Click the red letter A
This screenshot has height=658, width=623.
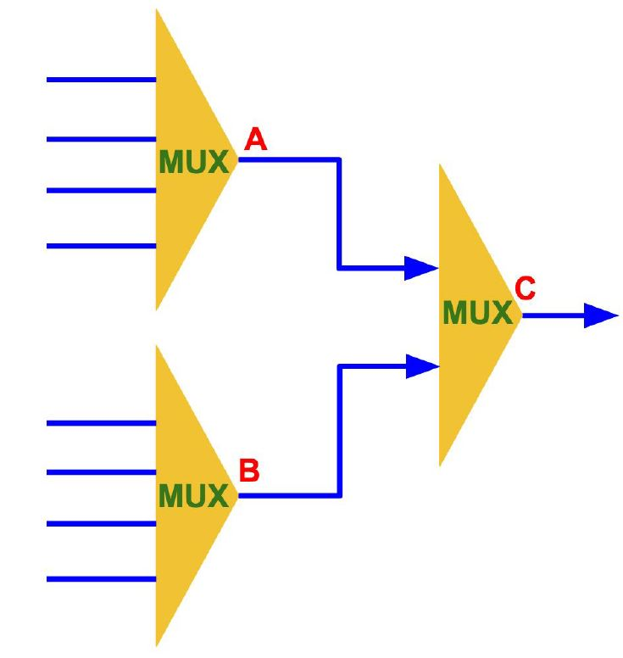pyautogui.click(x=255, y=140)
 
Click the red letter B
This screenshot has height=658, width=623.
pyautogui.click(x=249, y=471)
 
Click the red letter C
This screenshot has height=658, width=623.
pyautogui.click(x=525, y=289)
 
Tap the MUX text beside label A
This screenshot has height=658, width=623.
pyautogui.click(x=193, y=162)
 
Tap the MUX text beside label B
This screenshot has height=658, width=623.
pyautogui.click(x=193, y=495)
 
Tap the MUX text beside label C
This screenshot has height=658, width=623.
pyautogui.click(x=477, y=314)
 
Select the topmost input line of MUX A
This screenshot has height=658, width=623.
pyautogui.click(x=101, y=80)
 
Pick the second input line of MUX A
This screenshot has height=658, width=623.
pyautogui.click(x=101, y=138)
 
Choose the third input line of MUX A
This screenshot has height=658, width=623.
pyautogui.click(x=101, y=191)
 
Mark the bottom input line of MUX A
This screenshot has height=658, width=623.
pyautogui.click(x=101, y=246)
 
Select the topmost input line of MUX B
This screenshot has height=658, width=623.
pyautogui.click(x=101, y=422)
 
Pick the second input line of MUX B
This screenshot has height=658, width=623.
pyautogui.click(x=101, y=472)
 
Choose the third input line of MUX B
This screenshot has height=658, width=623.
pyautogui.click(x=101, y=524)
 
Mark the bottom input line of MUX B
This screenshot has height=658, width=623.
pyautogui.click(x=101, y=579)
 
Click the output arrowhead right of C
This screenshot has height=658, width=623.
pyautogui.click(x=601, y=315)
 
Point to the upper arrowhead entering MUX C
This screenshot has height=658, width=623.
pyautogui.click(x=420, y=268)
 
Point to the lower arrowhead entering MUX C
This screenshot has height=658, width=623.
pyautogui.click(x=420, y=366)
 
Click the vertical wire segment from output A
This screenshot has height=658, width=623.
pyautogui.click(x=339, y=214)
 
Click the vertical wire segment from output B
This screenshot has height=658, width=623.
pyautogui.click(x=339, y=431)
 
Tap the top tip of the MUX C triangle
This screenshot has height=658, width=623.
pyautogui.click(x=440, y=168)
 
